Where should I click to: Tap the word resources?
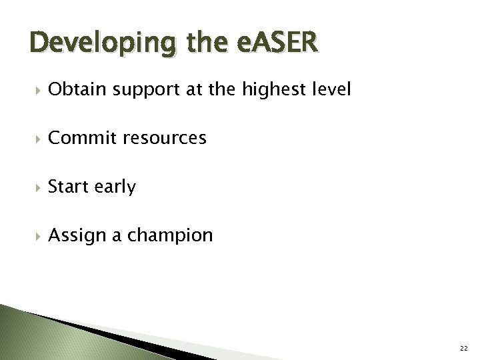point(165,139)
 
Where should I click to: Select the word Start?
point(68,187)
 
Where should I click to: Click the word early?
point(114,188)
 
